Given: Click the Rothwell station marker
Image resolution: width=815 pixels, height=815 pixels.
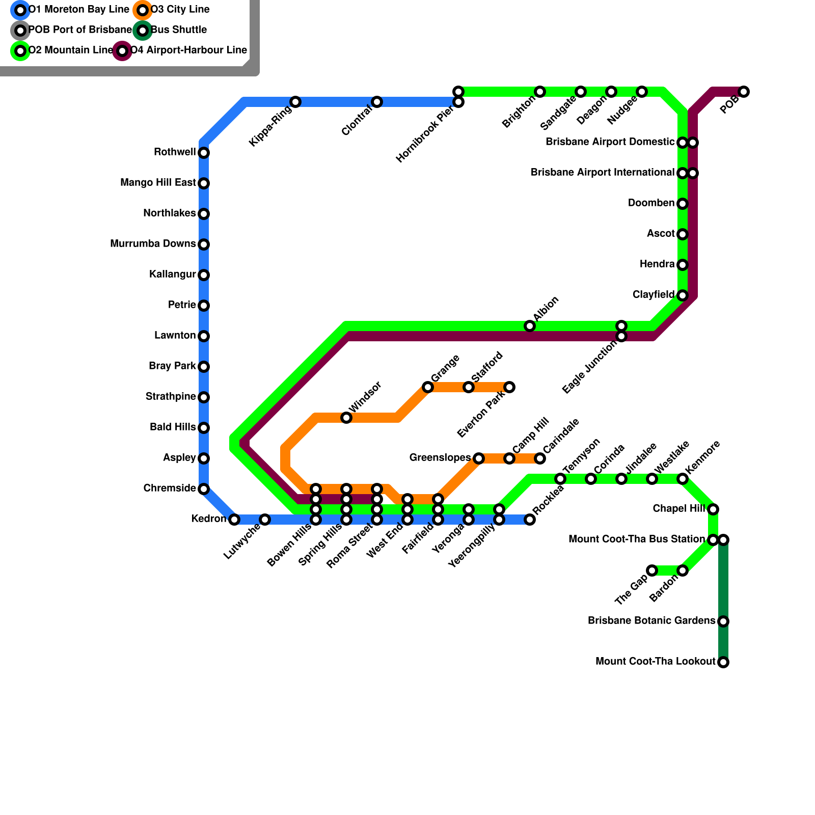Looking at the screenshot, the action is click(204, 153).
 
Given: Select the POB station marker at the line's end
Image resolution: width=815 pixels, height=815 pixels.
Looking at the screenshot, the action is click(744, 92).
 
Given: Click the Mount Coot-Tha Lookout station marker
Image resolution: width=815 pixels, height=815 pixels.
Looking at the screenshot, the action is click(723, 662).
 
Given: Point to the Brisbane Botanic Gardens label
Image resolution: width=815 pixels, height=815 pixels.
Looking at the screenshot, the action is click(651, 621).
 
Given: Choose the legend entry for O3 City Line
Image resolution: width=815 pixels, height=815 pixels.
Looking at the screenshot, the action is click(180, 10).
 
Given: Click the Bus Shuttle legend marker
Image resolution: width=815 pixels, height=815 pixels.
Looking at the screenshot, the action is click(143, 31).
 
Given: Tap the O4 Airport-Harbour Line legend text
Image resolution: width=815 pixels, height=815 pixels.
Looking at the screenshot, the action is click(188, 50).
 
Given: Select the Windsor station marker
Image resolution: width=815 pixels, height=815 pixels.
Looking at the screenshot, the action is click(346, 418).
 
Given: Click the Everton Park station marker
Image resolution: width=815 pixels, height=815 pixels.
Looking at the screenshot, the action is click(509, 387).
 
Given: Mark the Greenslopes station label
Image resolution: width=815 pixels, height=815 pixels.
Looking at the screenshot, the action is click(440, 458).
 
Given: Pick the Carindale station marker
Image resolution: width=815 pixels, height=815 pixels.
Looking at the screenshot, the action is click(540, 458).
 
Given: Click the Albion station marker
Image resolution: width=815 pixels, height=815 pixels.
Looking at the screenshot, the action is click(530, 326).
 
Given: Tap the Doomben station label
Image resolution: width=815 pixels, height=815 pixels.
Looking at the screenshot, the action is click(651, 203).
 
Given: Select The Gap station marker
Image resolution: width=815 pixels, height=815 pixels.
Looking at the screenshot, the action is click(652, 570).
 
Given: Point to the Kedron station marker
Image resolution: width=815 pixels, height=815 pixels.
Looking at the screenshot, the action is click(234, 520).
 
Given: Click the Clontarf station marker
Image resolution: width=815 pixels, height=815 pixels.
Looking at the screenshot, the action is click(377, 102).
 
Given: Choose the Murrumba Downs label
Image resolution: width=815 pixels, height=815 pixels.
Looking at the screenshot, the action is click(153, 244).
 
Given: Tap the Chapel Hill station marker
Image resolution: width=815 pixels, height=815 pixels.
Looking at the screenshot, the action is click(713, 509).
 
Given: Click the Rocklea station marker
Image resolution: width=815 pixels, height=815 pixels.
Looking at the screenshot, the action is click(530, 520).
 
